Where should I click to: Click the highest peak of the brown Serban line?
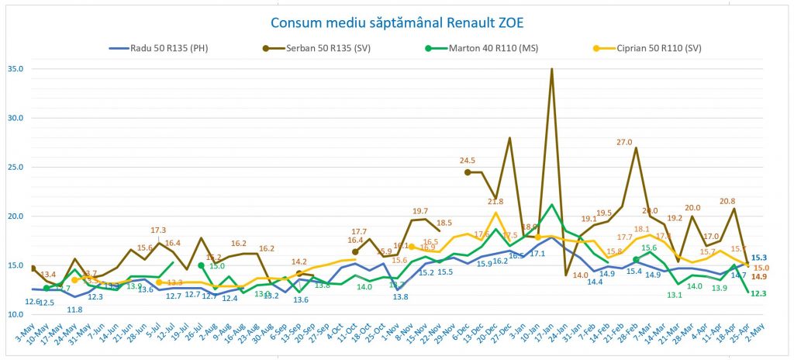pyautogui.click(x=551, y=69)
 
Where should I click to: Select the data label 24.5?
pyautogui.click(x=466, y=161)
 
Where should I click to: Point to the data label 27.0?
pyautogui.click(x=624, y=142)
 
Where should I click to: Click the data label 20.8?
pyautogui.click(x=727, y=202)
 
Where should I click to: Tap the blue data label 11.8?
pyautogui.click(x=74, y=310)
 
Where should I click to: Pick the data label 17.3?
pyautogui.click(x=159, y=230)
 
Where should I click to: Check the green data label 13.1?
pyautogui.click(x=675, y=295)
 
